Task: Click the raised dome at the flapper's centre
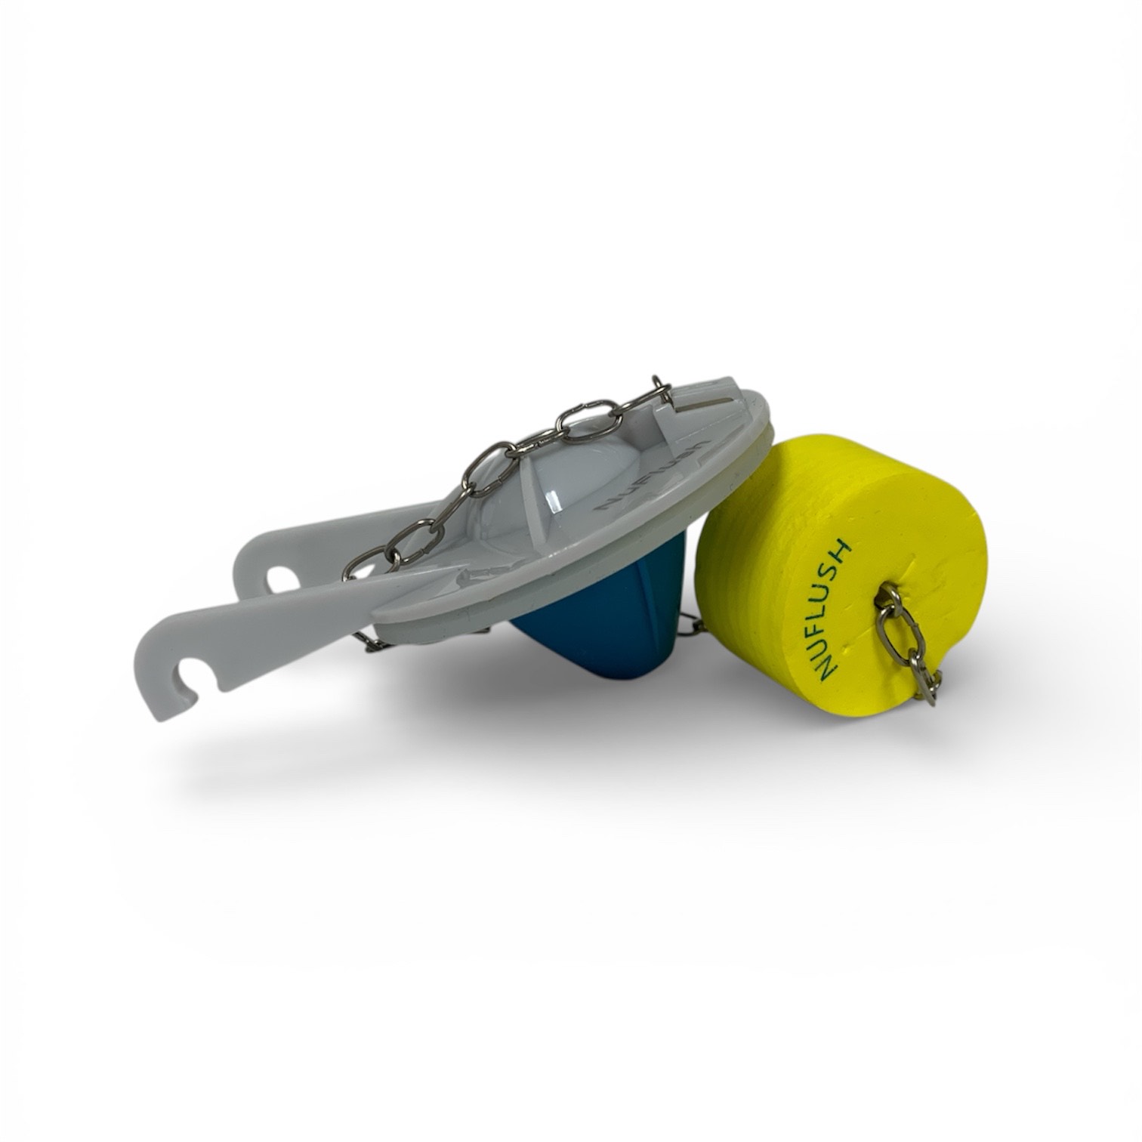(529, 483)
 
